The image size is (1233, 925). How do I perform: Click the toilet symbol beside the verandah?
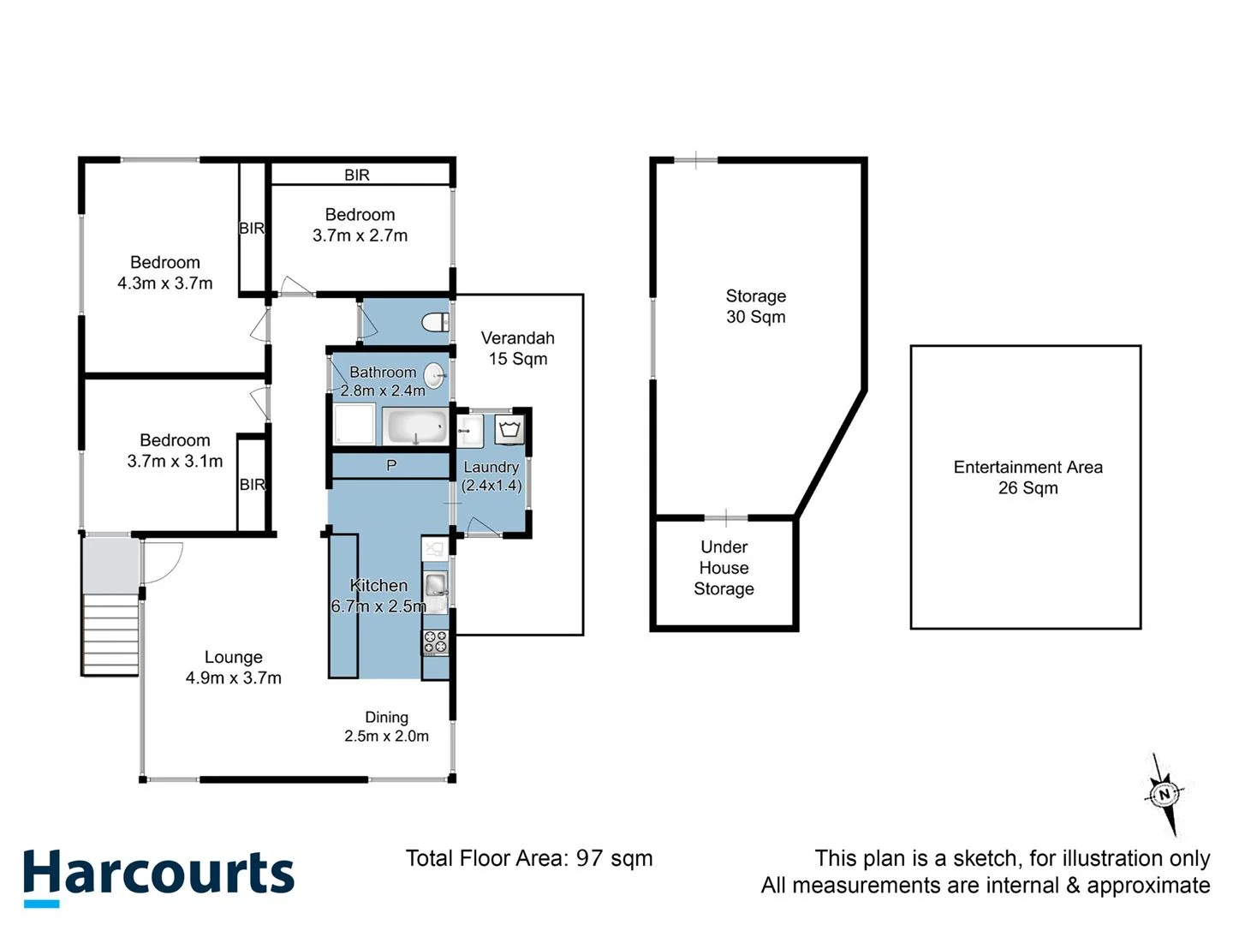pyautogui.click(x=435, y=323)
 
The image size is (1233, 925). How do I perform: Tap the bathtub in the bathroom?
pyautogui.click(x=415, y=426)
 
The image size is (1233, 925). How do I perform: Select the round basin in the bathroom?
pyautogui.click(x=435, y=373)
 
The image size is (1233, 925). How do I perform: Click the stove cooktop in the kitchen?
pyautogui.click(x=435, y=642)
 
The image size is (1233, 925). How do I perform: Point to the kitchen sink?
pyautogui.click(x=436, y=586)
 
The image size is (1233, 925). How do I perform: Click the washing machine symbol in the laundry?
pyautogui.click(x=510, y=427)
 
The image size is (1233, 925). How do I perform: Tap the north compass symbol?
pyautogui.click(x=1163, y=794)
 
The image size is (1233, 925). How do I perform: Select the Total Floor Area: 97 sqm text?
pyautogui.click(x=528, y=858)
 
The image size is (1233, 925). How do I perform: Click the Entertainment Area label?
pyautogui.click(x=1027, y=477)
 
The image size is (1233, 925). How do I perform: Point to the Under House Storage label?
pyautogui.click(x=724, y=568)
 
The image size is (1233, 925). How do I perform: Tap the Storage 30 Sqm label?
pyautogui.click(x=755, y=306)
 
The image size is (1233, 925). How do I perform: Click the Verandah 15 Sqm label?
pyautogui.click(x=517, y=349)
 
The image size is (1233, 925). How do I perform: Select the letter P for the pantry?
pyautogui.click(x=391, y=465)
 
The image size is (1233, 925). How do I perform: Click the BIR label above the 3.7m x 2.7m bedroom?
pyautogui.click(x=357, y=175)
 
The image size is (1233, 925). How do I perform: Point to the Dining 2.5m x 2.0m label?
pyautogui.click(x=386, y=726)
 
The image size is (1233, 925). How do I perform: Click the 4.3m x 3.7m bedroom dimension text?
pyautogui.click(x=165, y=283)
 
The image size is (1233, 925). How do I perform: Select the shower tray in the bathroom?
pyautogui.click(x=354, y=425)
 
